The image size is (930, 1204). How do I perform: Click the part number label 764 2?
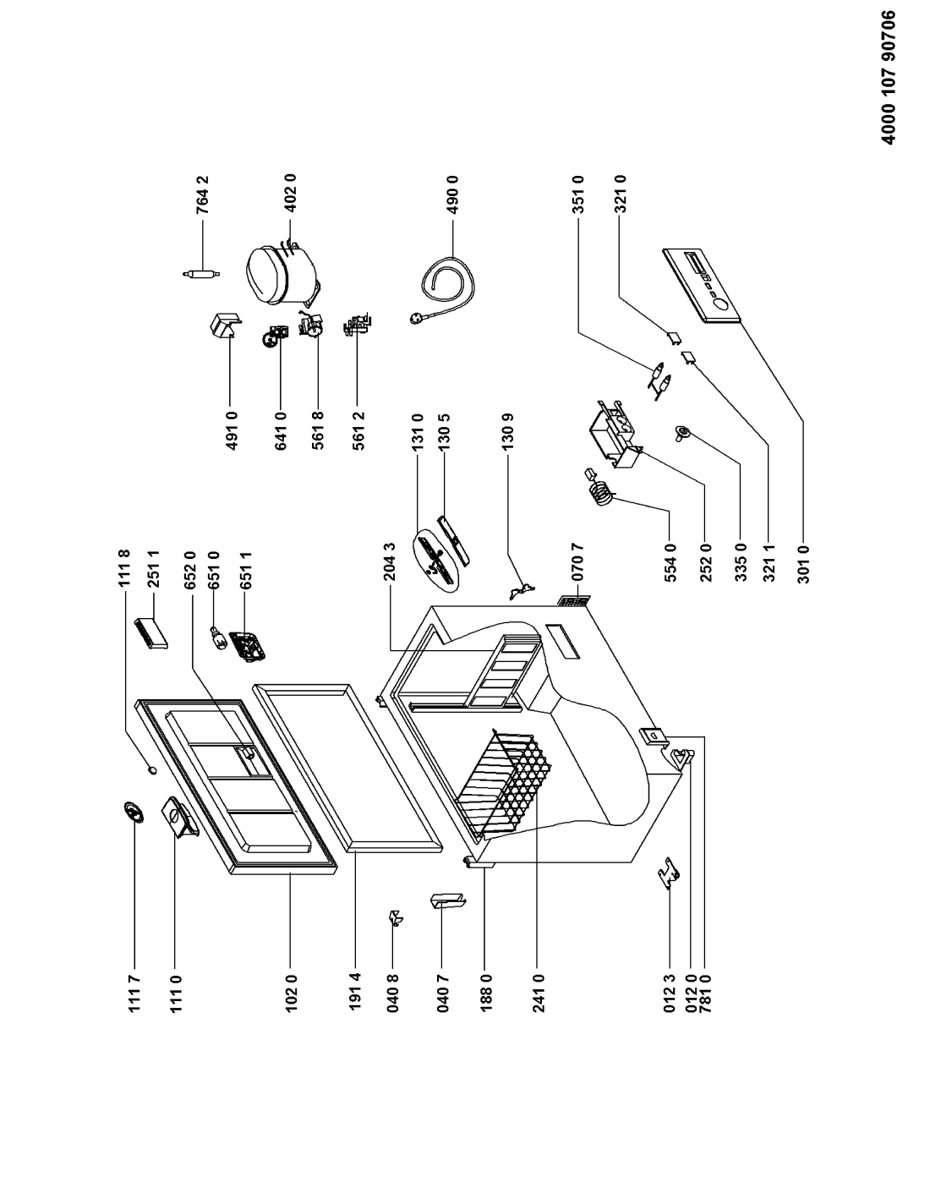coord(203,195)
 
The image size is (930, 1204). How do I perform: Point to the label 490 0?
coord(453,195)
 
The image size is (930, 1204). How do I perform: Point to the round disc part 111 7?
coord(134,813)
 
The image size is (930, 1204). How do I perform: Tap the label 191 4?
coord(355,993)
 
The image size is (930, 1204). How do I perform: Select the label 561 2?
coord(358,430)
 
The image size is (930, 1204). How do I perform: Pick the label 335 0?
coord(741,562)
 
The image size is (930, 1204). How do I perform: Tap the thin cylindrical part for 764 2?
coord(200,273)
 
